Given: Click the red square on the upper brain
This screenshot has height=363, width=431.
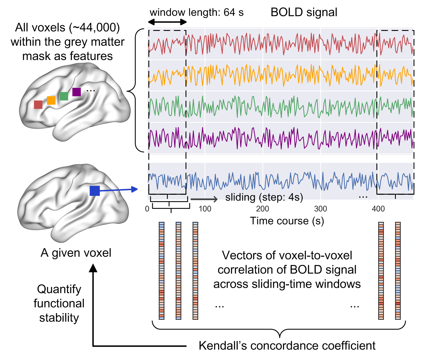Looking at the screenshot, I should coord(38,105).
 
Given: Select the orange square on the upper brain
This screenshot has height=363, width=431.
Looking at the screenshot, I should coord(51,100).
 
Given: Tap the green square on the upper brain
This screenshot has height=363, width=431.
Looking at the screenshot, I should coord(64,96).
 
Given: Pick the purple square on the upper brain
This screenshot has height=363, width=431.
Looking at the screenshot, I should coord(76,92).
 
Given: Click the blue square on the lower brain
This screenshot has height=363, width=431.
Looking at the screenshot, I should coord(95,191).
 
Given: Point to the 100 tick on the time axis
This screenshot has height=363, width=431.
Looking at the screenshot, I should coord(205,209).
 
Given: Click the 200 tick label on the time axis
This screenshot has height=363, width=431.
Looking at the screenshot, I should coord(263,209).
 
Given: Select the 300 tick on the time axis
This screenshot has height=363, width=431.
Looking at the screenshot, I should coord(321,209).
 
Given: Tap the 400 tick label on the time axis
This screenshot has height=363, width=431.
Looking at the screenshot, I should coord(378,209).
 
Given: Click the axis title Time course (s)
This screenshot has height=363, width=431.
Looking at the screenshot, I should coord(287,221).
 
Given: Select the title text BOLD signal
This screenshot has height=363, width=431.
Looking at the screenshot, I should coord(304,12).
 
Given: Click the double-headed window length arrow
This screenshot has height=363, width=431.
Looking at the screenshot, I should coord(167,22).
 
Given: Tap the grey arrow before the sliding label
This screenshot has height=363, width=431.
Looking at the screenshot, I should coord(204,199).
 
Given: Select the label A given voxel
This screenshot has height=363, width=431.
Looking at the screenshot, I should coord(76,253).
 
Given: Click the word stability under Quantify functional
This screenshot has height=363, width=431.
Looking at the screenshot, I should coord(59,318).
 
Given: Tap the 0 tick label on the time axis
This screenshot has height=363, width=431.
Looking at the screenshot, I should coord(147,209).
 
